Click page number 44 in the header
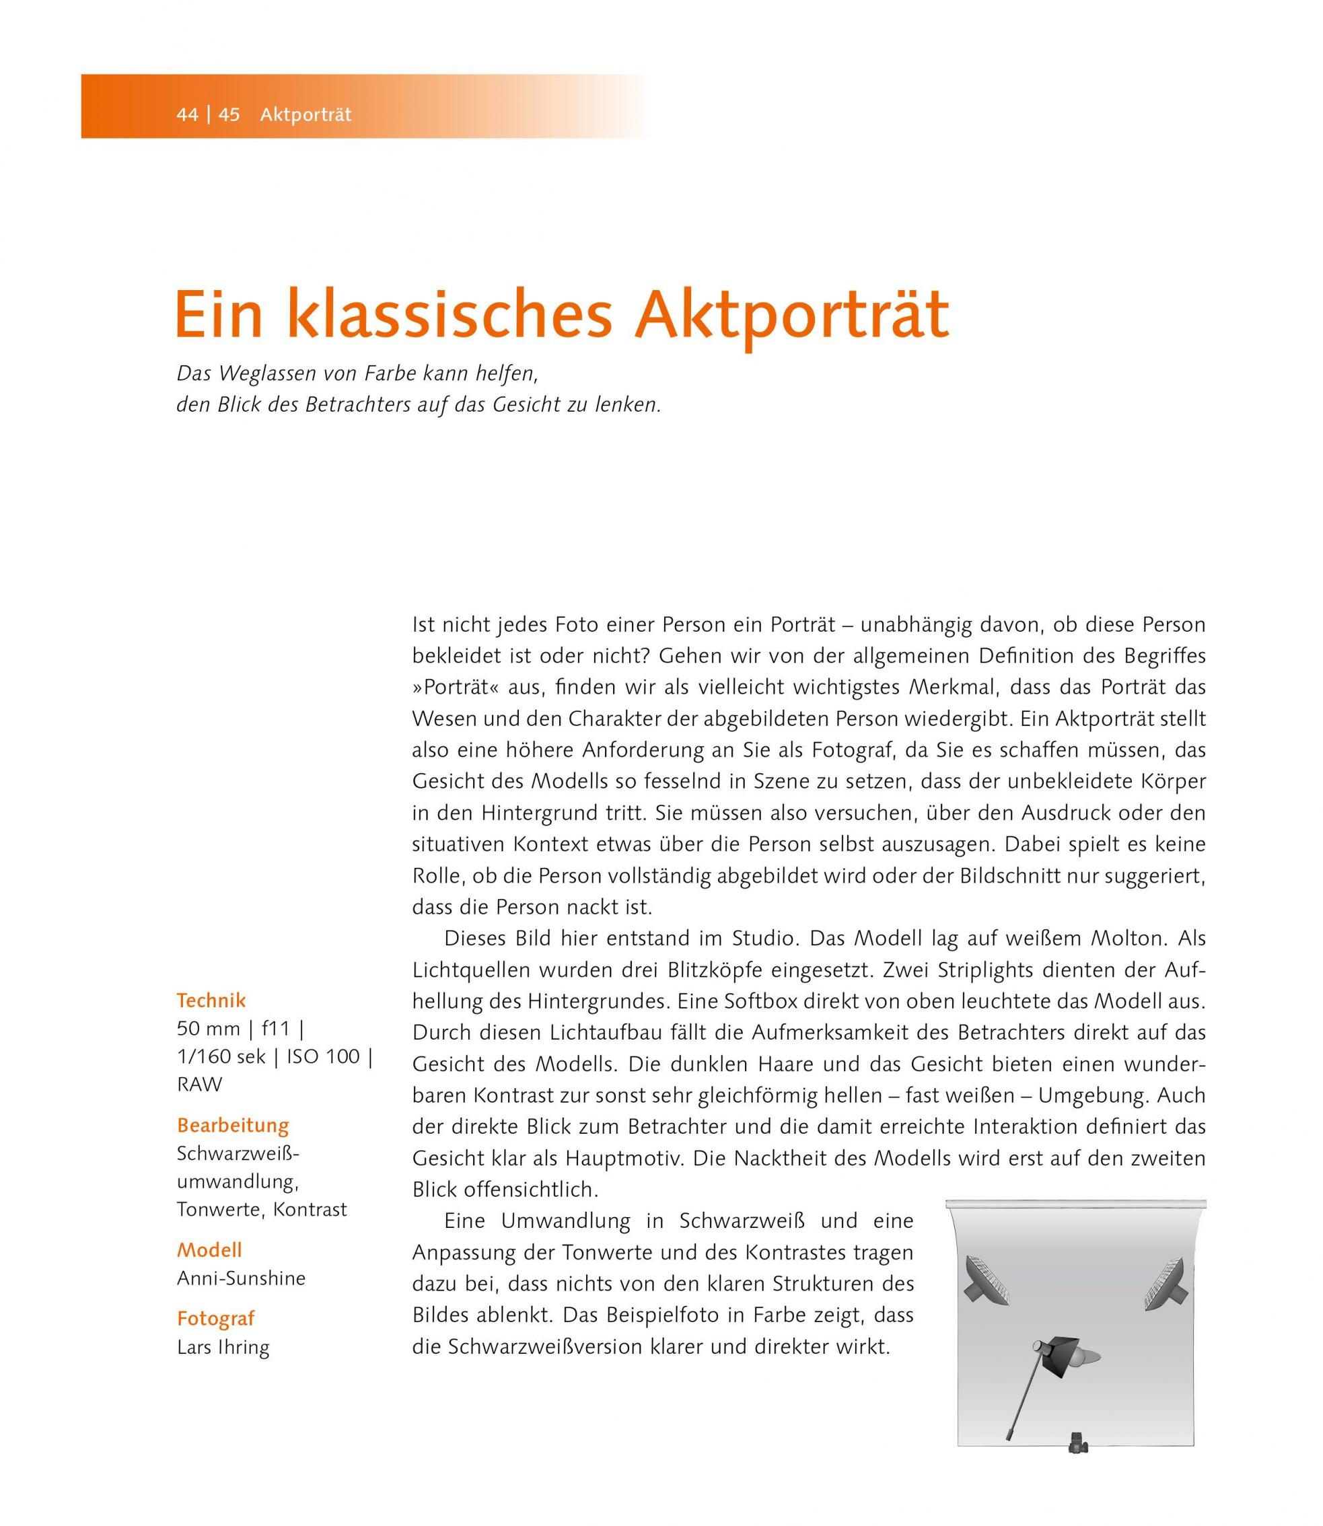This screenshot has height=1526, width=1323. pos(187,115)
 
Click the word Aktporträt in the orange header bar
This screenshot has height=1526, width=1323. pos(306,115)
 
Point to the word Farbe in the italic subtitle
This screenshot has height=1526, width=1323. pos(390,373)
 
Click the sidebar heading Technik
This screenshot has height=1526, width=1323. pos(211,1001)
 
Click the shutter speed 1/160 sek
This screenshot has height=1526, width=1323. pos(221,1056)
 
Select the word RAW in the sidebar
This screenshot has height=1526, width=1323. pos(199,1085)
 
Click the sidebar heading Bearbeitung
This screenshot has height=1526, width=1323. pos(233,1125)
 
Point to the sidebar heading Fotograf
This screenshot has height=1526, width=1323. pos(215,1319)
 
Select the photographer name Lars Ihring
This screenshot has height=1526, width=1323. pos(223,1346)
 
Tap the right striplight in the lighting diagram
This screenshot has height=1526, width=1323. pos(1165,1283)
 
